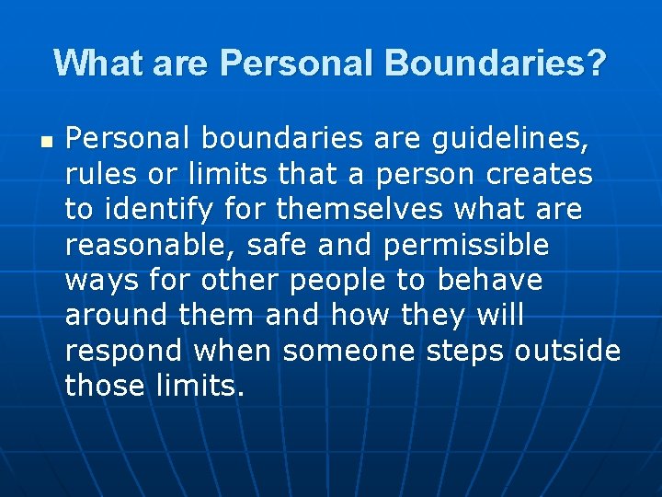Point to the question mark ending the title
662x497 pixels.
[596, 64]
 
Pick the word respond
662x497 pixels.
[124, 352]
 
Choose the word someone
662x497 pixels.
[349, 352]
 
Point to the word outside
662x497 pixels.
[567, 352]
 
